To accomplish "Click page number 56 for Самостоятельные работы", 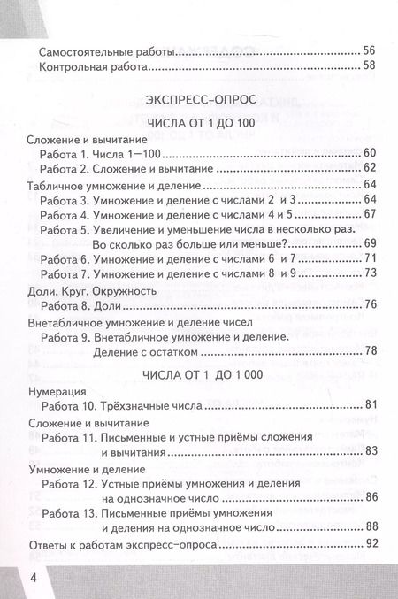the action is pyautogui.click(x=371, y=50).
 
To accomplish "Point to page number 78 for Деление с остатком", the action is pyautogui.click(x=371, y=351).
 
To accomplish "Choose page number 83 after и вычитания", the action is pyautogui.click(x=371, y=451).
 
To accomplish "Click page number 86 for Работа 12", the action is pyautogui.click(x=371, y=497).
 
